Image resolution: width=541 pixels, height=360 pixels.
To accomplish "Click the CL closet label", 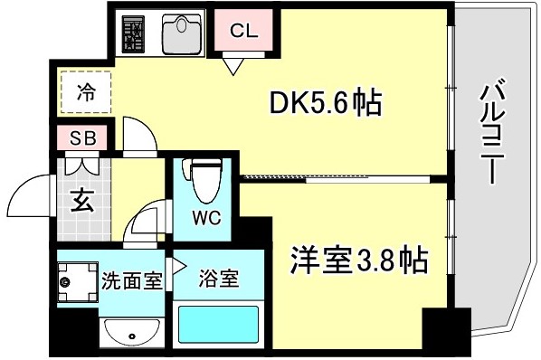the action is click(x=244, y=31).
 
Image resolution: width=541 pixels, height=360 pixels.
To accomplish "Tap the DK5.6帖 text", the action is click(x=326, y=102).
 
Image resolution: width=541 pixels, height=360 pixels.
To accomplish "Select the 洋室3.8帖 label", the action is click(x=359, y=260).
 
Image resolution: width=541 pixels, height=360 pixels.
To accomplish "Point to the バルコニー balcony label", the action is click(x=493, y=131).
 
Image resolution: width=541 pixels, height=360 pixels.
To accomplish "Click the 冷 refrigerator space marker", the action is click(x=86, y=92).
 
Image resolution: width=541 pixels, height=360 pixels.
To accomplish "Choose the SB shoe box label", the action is click(x=83, y=138).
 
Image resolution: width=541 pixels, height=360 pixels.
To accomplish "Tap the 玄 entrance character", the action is click(x=82, y=200).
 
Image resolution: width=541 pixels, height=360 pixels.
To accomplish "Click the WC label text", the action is click(x=206, y=218).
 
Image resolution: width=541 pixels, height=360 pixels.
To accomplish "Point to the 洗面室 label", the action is click(x=132, y=281).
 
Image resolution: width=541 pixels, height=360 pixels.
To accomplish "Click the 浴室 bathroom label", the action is click(x=219, y=279).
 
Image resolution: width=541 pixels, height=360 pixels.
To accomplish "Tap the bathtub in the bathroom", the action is click(x=218, y=324).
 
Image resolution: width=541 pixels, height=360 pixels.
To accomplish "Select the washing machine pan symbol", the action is click(x=78, y=282).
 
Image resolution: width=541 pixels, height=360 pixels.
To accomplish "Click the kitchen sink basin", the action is click(x=182, y=34).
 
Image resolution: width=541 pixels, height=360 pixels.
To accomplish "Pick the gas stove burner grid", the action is click(x=133, y=33).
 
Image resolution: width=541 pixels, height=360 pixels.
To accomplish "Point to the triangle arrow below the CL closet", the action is click(x=233, y=66).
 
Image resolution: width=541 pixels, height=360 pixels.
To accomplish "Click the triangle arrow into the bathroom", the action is click(x=179, y=266).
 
